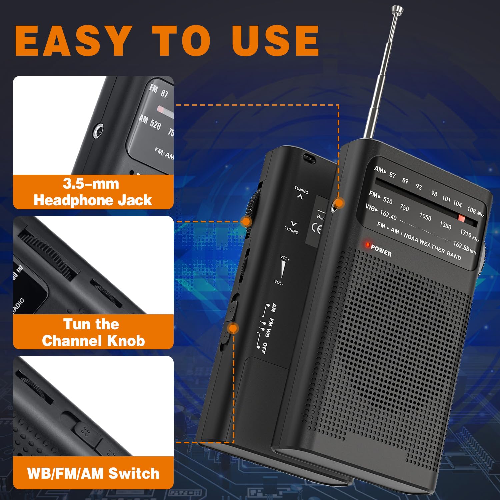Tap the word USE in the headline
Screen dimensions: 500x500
pyautogui.click(x=275, y=41)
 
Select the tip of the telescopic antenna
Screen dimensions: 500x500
pyautogui.click(x=397, y=9)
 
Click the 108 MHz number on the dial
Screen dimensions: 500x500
pyautogui.click(x=471, y=210)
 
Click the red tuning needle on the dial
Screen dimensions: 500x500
pyautogui.click(x=461, y=218)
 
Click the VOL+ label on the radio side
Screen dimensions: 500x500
pyautogui.click(x=285, y=258)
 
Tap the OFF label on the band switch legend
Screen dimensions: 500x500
pyautogui.click(x=263, y=348)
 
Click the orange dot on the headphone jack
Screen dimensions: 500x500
pyautogui.click(x=339, y=203)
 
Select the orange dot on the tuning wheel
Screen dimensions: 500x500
pyautogui.click(x=246, y=221)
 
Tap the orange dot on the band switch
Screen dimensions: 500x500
pyautogui.click(x=233, y=328)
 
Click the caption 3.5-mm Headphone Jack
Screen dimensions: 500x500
pyautogui.click(x=93, y=192)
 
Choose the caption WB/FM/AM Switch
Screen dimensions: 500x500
pyautogui.click(x=93, y=473)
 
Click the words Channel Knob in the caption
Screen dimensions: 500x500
pyautogui.click(x=93, y=341)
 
